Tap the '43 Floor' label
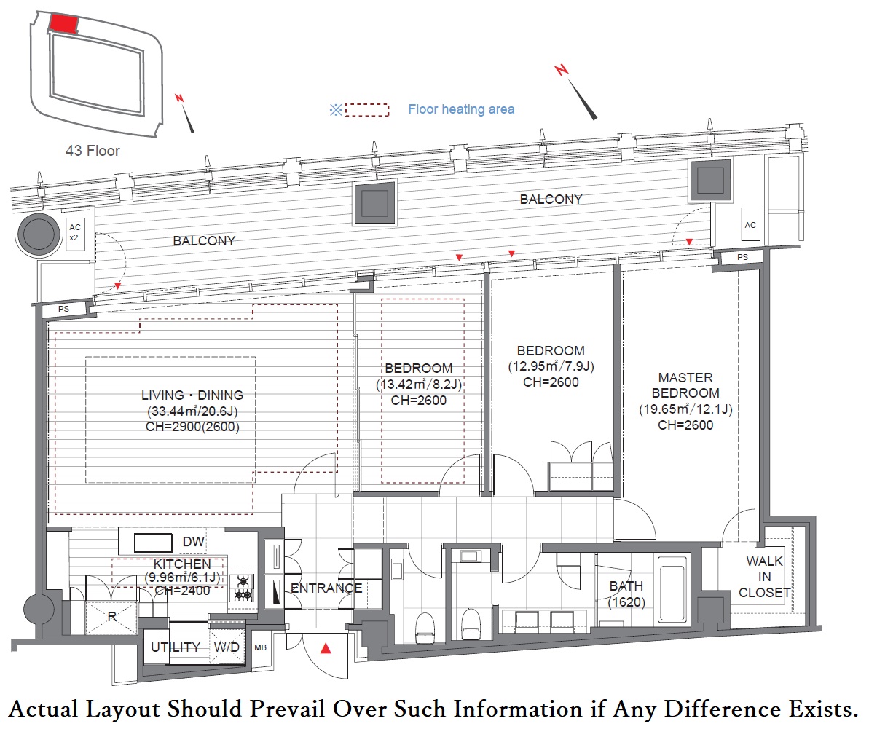tap(93, 151)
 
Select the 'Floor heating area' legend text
tap(461, 109)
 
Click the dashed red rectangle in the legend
tap(367, 110)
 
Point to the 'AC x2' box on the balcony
tap(74, 232)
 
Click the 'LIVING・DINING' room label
tap(192, 395)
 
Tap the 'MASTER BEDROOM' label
tap(685, 385)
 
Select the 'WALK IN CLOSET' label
tap(764, 577)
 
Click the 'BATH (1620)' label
tap(626, 594)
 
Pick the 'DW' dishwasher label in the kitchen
tap(193, 542)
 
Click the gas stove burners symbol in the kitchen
tap(243, 588)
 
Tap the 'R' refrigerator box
tap(111, 615)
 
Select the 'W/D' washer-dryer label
tap(227, 647)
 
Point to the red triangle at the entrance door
tap(327, 647)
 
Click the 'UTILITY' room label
tap(176, 647)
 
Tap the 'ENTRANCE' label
tap(326, 588)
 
